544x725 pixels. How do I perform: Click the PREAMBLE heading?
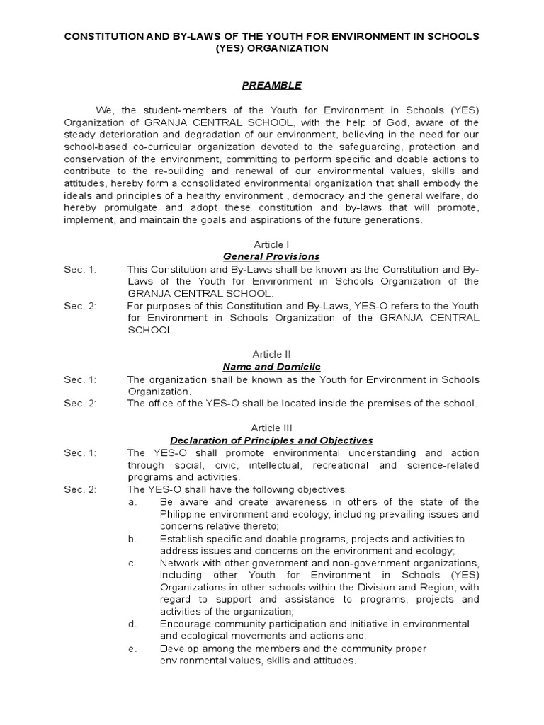[272, 86]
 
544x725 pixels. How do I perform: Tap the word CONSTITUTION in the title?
[106, 35]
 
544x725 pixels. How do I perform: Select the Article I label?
[271, 244]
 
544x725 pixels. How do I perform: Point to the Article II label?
[271, 354]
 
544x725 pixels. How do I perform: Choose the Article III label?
[271, 428]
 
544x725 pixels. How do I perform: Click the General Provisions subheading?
[271, 256]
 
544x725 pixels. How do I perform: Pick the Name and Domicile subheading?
[271, 367]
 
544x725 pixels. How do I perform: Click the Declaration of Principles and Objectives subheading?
[271, 440]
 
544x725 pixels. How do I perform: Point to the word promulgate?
[132, 207]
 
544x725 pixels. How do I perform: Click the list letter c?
[132, 563]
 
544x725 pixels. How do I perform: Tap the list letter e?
[132, 649]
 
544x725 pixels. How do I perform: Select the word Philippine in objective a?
[186, 514]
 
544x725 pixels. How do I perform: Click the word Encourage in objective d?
[187, 624]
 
